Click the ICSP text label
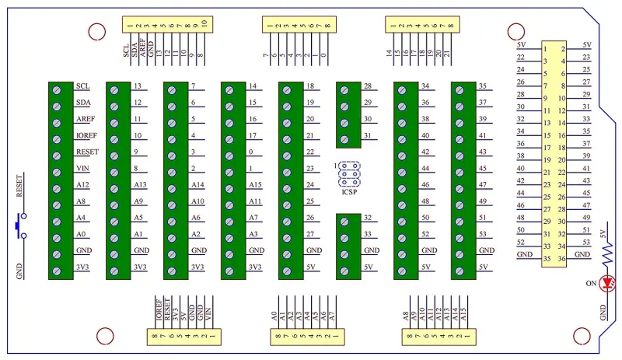[x=349, y=191]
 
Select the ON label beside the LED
[x=591, y=283]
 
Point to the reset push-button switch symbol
[x=21, y=225]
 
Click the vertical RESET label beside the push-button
[x=19, y=187]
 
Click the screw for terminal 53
[x=460, y=235]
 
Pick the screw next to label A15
[x=229, y=186]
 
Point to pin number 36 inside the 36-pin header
[x=561, y=259]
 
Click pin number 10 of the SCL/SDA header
[x=204, y=24]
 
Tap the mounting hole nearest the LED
[x=578, y=335]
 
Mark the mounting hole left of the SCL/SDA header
[x=96, y=31]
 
